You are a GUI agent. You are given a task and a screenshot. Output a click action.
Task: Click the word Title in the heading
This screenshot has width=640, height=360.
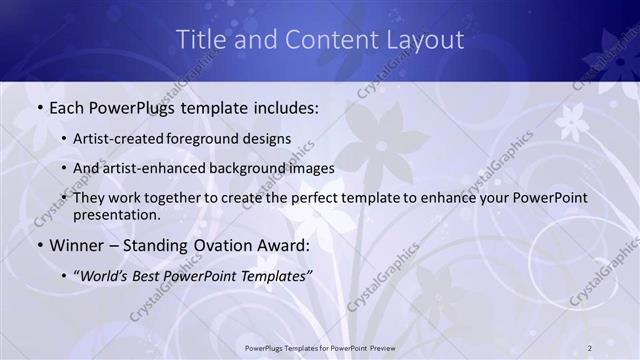click(198, 40)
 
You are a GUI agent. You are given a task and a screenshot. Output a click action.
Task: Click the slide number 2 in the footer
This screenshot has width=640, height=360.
click(590, 347)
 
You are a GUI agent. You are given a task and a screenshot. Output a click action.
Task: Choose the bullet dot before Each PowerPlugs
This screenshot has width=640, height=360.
click(38, 108)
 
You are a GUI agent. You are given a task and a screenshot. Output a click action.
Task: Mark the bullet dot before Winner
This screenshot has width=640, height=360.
click(38, 244)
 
